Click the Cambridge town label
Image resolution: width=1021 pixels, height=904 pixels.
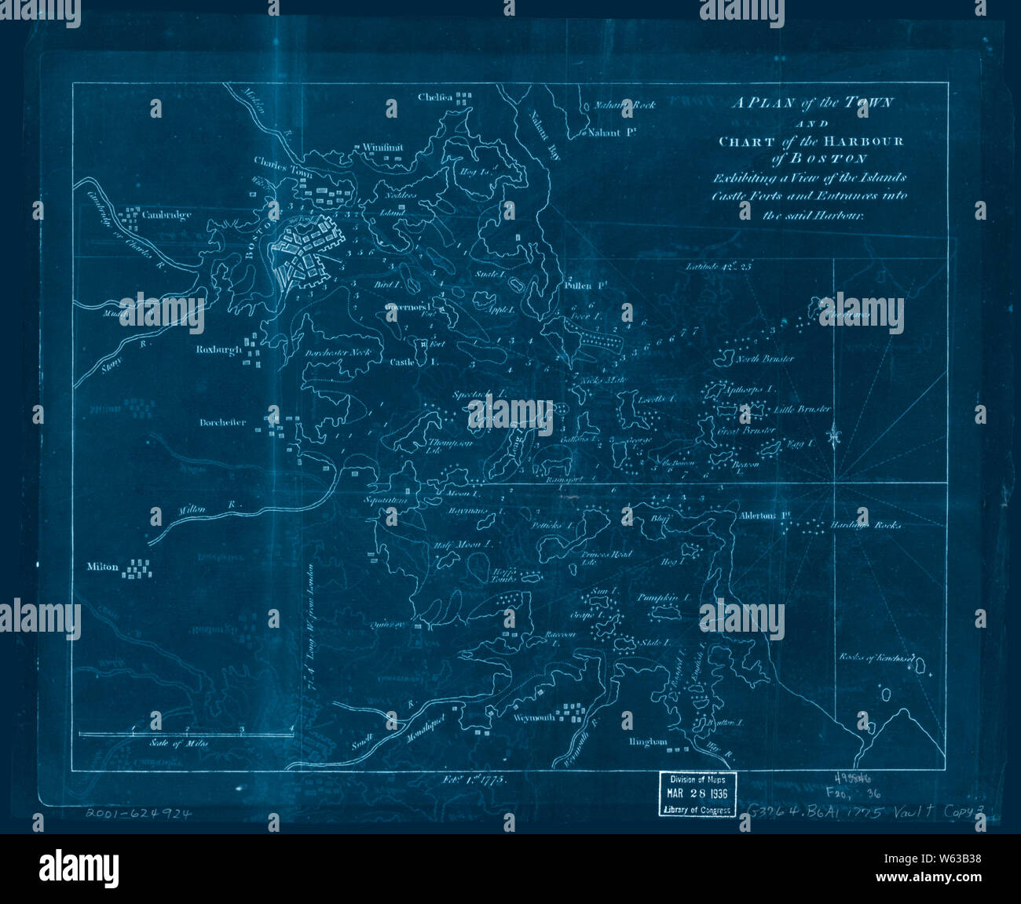pos(167,215)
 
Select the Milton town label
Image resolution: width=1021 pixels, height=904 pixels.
pos(104,567)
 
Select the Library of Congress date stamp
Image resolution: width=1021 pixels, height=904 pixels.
pos(698,794)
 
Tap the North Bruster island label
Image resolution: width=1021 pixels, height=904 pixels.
pos(765,359)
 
